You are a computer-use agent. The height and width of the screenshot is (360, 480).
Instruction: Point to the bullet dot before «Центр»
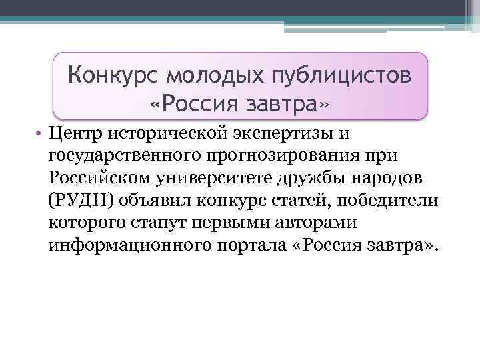[41, 133]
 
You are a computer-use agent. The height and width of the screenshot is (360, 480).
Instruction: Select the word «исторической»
[165, 133]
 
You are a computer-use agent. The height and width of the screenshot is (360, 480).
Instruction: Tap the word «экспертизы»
[275, 135]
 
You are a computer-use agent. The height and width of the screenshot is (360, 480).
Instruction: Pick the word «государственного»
[127, 157]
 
